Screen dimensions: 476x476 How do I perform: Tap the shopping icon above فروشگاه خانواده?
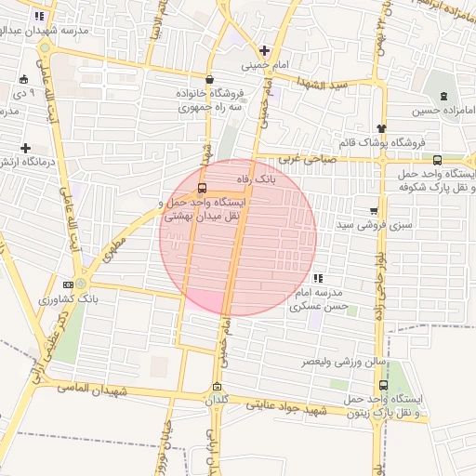209,79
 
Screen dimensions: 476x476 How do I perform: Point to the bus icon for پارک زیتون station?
384,384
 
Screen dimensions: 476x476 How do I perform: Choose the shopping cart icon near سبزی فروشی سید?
374,210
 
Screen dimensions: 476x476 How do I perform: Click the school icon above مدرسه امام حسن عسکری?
319,277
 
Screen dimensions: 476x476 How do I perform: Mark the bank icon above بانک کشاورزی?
68,284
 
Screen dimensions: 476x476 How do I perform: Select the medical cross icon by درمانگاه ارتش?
25,148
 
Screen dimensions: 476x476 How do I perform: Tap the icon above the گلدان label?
218,387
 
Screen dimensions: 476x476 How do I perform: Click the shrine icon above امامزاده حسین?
443,96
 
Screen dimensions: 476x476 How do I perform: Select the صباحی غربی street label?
303,159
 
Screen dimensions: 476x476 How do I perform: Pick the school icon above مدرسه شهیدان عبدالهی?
38,16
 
